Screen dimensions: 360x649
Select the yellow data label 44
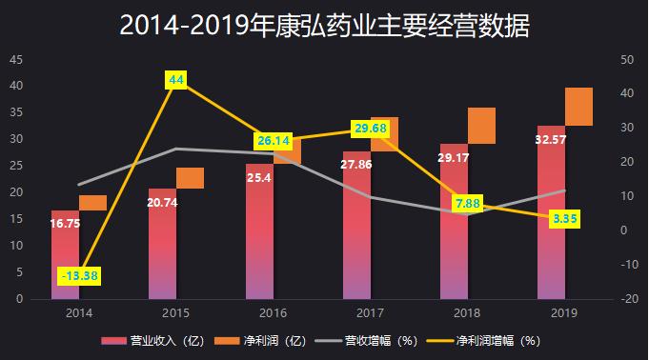tap(176, 81)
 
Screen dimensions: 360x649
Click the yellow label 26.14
tap(274, 141)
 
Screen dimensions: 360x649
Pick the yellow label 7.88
tap(468, 204)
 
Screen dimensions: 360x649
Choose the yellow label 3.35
tap(565, 219)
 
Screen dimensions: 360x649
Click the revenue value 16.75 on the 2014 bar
tap(65, 225)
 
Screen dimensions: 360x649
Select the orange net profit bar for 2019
tap(578, 107)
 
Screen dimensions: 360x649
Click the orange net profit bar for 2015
tap(190, 178)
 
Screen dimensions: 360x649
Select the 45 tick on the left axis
tap(16, 59)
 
